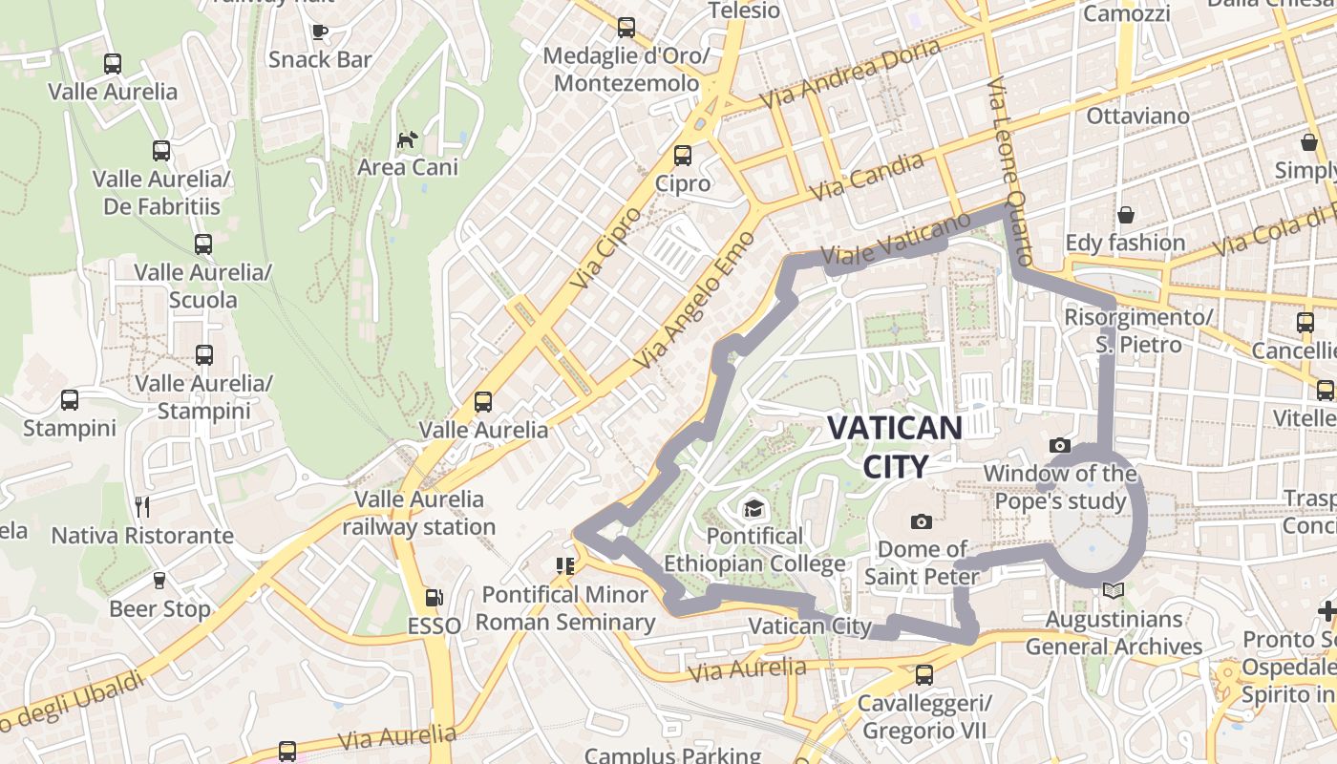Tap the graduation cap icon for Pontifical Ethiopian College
754,507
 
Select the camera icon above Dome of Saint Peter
922,520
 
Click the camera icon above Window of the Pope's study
1059,445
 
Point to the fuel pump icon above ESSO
435,598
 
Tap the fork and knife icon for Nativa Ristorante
143,506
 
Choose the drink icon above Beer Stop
159,580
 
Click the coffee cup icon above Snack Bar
320,32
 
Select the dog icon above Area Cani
408,139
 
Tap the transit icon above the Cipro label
683,155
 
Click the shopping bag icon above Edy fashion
1125,215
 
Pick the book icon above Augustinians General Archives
1113,590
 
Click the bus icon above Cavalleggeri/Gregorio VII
923,675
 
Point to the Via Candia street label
867,177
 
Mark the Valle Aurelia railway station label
419,513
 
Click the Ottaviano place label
1138,117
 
